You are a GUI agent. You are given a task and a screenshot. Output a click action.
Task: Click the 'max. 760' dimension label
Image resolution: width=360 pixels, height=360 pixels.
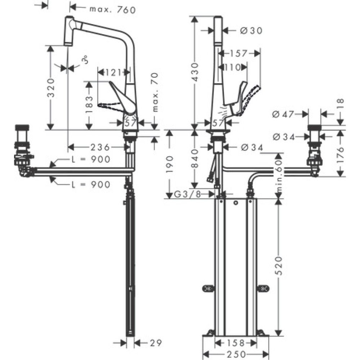click(108, 10)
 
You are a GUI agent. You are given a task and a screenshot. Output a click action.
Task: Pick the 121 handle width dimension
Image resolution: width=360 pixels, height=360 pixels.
click(113, 72)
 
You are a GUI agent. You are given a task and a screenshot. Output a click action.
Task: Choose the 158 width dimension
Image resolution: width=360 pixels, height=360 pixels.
click(235, 342)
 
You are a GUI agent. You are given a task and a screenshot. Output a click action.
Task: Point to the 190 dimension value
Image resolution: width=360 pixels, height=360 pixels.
click(169, 164)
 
